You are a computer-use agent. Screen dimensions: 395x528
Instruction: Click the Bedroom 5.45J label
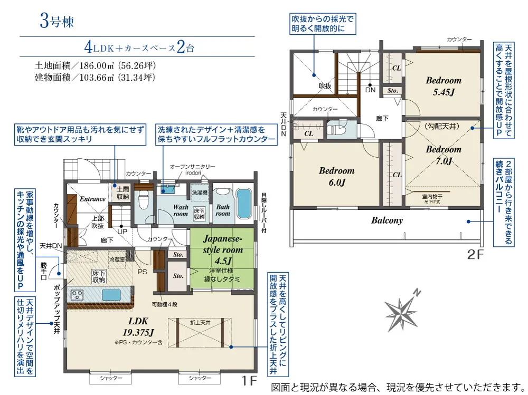point(443,86)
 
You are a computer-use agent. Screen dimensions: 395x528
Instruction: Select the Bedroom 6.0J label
point(336,177)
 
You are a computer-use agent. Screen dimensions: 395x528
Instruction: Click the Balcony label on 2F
point(386,220)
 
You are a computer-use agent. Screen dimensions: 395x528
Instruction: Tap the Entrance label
point(92,199)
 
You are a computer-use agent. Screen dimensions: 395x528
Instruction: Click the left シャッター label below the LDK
point(110,378)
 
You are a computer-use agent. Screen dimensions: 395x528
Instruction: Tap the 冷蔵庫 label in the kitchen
point(116,259)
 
